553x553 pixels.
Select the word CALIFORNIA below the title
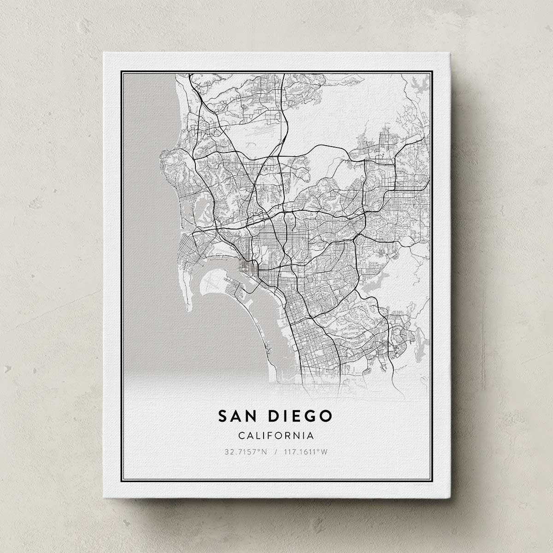(x=276, y=435)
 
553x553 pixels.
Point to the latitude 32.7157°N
(x=246, y=452)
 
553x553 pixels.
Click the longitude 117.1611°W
(x=306, y=452)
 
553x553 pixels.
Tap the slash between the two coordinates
(x=276, y=452)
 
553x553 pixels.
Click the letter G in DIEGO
(x=309, y=416)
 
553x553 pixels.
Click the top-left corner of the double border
(x=121, y=72)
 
